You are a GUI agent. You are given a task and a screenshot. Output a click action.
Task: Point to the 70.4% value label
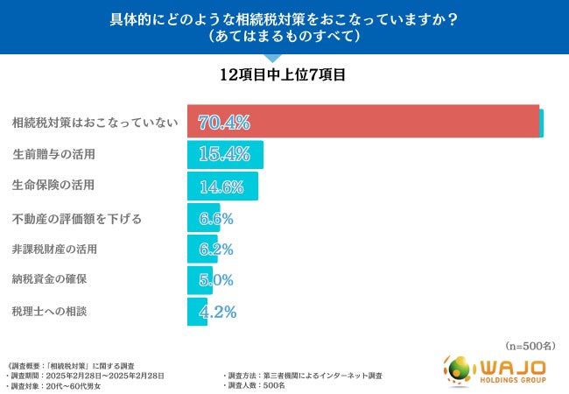point(225,122)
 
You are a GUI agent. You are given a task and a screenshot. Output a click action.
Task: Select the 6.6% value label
point(215,218)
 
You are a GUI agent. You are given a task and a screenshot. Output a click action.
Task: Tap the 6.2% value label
point(215,250)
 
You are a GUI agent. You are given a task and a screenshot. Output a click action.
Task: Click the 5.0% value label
point(215,280)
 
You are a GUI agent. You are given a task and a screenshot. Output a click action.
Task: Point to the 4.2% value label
point(215,311)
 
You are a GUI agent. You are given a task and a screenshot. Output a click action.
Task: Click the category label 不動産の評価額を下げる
point(77,218)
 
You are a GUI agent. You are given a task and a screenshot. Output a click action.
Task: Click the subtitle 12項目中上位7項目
point(284,75)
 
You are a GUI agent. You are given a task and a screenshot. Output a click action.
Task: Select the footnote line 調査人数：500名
point(262,384)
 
